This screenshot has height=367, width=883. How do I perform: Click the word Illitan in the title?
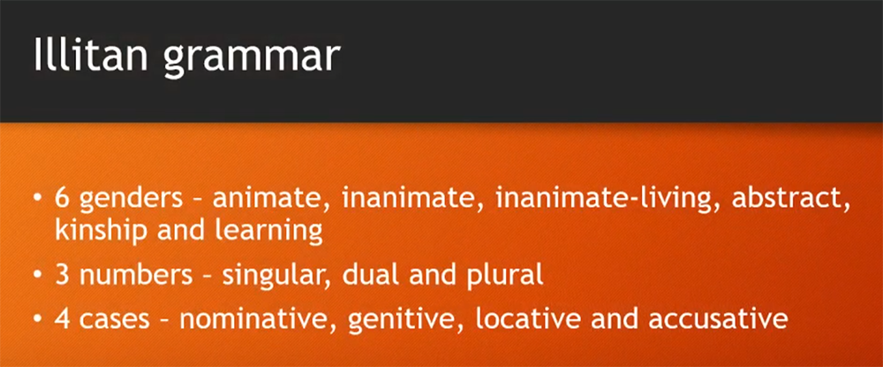pos(91,55)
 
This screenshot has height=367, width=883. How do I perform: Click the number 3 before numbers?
pos(62,277)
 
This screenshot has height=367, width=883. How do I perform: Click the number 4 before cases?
pos(62,318)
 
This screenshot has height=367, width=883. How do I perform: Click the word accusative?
pos(718,319)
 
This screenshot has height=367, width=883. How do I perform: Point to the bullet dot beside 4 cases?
pos(37,319)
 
